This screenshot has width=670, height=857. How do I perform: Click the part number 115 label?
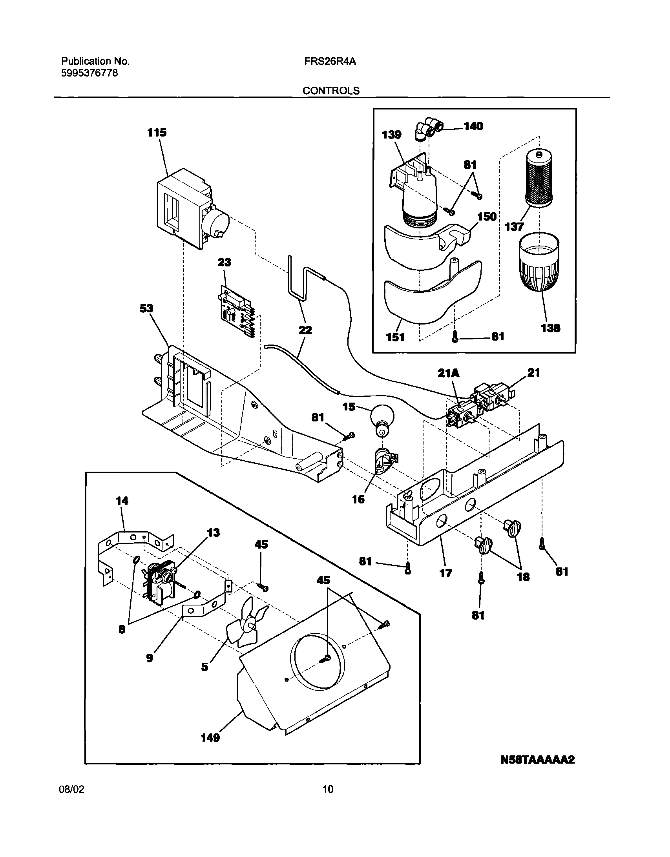coord(157,133)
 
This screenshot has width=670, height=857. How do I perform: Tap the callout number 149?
coord(210,738)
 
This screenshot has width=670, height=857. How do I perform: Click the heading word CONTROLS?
coord(330,91)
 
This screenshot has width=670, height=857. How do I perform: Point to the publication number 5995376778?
coord(89,73)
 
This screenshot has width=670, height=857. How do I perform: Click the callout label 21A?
coord(448,373)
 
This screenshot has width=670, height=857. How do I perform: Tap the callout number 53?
coord(146,309)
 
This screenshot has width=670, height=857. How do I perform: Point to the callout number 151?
coord(395,337)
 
